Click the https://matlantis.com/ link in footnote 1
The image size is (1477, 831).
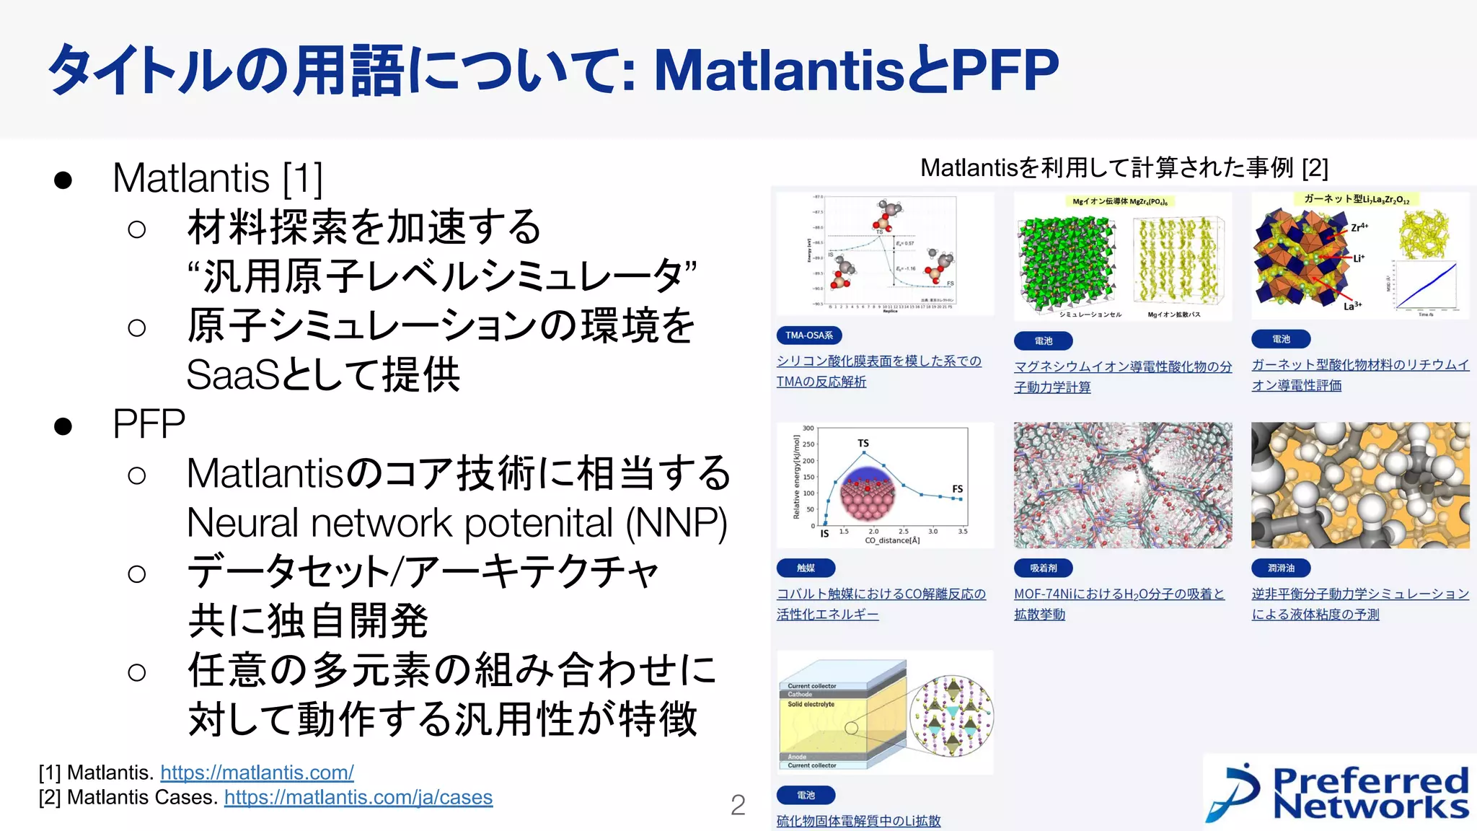tap(257, 773)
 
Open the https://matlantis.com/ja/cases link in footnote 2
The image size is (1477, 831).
tap(358, 797)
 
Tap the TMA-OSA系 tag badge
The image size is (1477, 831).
tap(809, 335)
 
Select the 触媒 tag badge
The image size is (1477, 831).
tap(806, 568)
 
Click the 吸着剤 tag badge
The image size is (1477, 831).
tap(1043, 568)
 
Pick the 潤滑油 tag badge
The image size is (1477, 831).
tap(1281, 568)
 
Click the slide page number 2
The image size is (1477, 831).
tap(738, 805)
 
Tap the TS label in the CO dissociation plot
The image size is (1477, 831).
tap(863, 443)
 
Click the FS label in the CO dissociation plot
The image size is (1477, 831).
tap(957, 488)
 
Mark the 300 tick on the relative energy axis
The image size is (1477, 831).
tap(808, 428)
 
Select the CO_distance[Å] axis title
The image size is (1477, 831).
tap(892, 540)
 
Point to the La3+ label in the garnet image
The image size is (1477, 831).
tap(1352, 306)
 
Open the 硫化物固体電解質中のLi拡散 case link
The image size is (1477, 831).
tap(858, 821)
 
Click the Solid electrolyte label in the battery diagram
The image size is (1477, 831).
tap(811, 704)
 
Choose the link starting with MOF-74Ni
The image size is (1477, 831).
tap(1119, 594)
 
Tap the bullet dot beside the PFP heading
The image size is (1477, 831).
tap(63, 426)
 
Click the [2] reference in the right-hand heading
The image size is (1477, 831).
tap(1315, 168)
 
